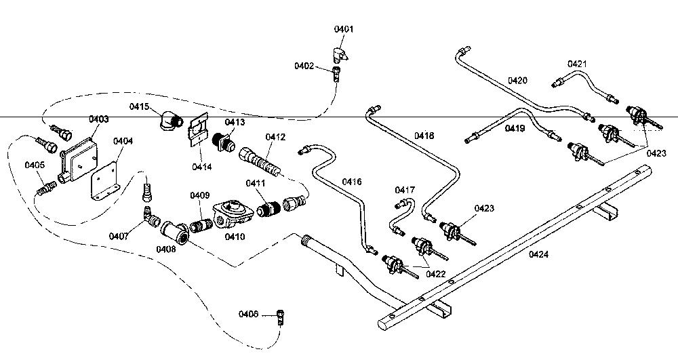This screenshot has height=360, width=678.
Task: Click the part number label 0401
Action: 343,29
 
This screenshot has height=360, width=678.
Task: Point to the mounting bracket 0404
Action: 104,181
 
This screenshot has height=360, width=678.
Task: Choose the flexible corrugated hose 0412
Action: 261,161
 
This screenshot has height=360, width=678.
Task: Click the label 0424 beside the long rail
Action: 538,254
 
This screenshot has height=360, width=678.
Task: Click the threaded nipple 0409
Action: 201,224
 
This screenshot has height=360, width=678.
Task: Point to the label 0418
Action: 424,136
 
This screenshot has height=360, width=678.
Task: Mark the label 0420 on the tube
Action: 517,81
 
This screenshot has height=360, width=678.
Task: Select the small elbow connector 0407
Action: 151,216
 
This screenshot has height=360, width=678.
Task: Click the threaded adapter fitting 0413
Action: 224,141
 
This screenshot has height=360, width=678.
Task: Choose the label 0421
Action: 577,64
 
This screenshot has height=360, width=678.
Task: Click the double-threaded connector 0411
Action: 268,209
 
